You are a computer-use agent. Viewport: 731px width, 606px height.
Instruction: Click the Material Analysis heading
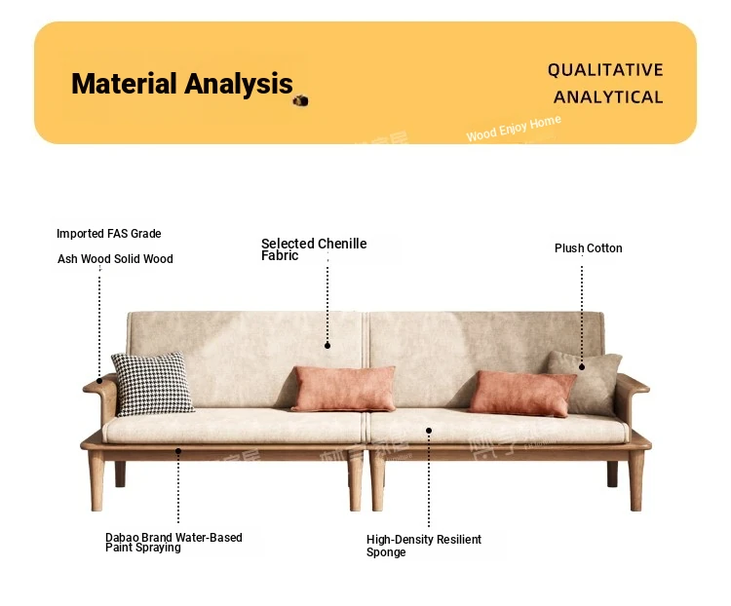coord(182,84)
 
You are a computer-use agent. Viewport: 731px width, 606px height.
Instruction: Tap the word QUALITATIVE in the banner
coord(605,70)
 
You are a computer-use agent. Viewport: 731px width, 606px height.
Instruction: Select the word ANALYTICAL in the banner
coord(608,97)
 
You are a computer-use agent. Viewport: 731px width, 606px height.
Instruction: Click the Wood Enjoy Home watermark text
coord(514,129)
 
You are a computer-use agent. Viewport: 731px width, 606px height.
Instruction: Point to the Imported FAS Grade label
coord(108,234)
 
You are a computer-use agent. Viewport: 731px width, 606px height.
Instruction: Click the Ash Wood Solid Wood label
coord(115,259)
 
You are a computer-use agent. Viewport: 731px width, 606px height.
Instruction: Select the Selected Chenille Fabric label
coord(314,249)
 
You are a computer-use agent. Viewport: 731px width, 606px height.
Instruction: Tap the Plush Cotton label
coord(589,248)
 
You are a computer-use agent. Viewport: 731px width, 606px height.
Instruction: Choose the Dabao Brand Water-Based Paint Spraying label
coord(173,543)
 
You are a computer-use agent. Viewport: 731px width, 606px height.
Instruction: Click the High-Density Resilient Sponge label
coord(424,546)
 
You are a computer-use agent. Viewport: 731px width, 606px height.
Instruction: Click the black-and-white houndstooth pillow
coord(152,384)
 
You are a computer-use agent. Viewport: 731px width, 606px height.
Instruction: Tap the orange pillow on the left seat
coord(344,389)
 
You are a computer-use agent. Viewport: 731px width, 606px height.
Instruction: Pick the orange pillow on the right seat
coord(522,394)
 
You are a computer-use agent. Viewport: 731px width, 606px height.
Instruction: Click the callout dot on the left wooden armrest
coord(99,381)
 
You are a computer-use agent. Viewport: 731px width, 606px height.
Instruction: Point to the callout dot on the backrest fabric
coord(327,346)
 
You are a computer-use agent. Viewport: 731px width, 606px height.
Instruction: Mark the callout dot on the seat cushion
coord(429,431)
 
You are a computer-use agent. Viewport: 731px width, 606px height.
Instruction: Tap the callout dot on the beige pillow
coord(582,367)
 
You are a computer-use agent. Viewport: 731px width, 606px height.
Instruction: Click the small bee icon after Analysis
coord(301,100)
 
